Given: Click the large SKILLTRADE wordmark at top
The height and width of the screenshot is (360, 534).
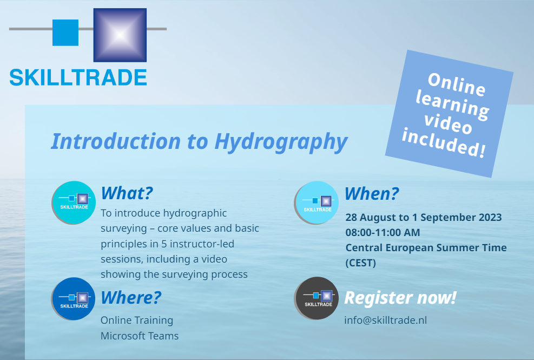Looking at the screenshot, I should pos(78,77).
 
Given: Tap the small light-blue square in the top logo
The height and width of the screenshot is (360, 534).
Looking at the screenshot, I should pos(65,32).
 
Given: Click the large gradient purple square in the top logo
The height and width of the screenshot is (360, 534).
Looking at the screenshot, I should pos(120,35).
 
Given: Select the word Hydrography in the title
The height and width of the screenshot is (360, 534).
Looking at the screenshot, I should pos(281,142).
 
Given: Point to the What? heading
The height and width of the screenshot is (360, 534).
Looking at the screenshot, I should pos(127,193).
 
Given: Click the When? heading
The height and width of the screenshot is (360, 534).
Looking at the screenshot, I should pos(371,193).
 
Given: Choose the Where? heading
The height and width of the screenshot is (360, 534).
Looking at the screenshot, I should pos(131,298).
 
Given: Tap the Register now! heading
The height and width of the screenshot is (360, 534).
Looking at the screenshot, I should pos(400,298).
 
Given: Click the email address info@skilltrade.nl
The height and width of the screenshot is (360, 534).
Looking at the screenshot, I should pos(385,320).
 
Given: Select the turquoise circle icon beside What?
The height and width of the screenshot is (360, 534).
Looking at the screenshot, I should pos(74,202).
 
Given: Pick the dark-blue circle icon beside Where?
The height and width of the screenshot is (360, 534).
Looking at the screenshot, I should pos(74,299).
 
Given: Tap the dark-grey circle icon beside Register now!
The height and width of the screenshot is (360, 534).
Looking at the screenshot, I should pos(318,298).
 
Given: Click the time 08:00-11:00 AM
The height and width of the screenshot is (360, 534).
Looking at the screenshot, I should pos(383,233).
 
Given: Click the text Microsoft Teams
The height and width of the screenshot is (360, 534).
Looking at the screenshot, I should pos(140,336).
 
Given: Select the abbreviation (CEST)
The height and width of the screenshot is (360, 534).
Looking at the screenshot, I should pos(360,263).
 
